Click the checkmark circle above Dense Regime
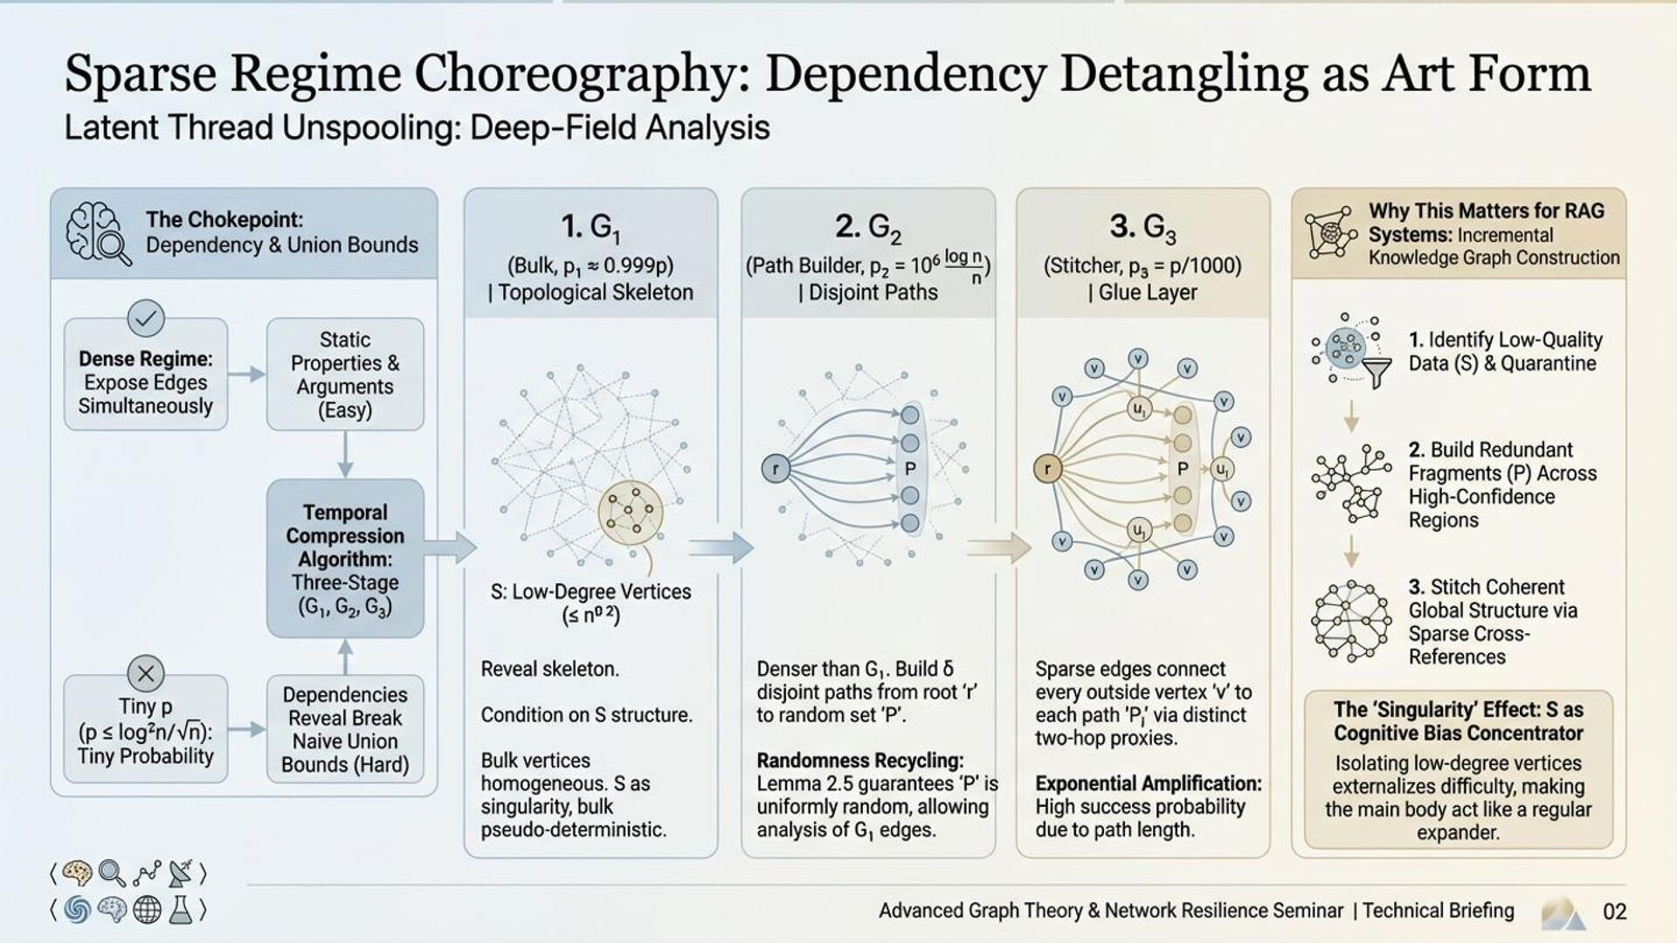[146, 319]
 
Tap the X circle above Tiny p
[146, 673]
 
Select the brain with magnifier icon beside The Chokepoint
[99, 233]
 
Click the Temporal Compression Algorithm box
[345, 559]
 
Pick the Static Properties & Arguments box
[345, 375]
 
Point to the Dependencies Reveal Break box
[345, 729]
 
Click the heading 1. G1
[590, 228]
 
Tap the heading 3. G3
[1142, 228]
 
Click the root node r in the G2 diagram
[775, 469]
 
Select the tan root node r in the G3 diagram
[1046, 469]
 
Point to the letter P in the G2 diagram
[910, 469]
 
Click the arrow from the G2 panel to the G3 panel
[998, 547]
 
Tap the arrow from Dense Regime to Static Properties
[247, 375]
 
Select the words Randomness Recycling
[859, 761]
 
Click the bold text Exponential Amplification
[1148, 783]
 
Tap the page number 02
[1614, 912]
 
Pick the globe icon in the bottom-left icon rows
[147, 910]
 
